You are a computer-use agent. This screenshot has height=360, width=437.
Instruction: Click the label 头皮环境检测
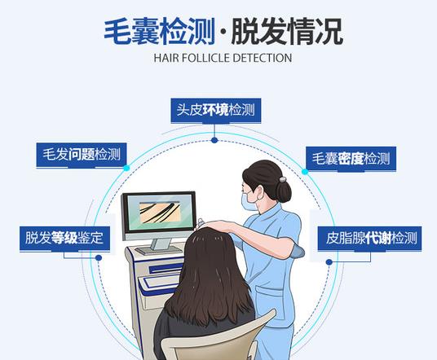pos(216,110)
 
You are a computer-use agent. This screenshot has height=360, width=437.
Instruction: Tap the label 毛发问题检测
pos(82,155)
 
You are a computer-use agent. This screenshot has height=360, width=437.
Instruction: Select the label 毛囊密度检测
pos(351,159)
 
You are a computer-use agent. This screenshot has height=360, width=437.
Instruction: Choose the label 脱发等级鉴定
pos(64,238)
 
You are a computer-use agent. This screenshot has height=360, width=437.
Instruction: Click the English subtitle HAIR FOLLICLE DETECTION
pos(223,58)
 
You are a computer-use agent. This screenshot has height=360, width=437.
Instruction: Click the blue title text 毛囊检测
pos(160,31)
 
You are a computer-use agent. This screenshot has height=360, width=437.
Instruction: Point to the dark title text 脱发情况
pos(287,31)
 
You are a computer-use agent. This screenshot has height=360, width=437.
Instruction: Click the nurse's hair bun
pos(284,191)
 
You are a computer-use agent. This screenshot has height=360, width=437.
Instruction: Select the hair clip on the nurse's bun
pos(283,179)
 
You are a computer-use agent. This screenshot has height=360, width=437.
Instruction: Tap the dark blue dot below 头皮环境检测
pos(214,140)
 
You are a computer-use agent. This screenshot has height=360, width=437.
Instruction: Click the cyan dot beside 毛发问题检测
pos(126,168)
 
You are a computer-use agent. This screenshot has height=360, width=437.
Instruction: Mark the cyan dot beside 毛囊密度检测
pos(305,172)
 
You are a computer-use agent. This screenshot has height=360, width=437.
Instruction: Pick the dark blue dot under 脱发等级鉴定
pos(99,258)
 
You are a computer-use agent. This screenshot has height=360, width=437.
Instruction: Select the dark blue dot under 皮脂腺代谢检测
pos(329,262)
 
